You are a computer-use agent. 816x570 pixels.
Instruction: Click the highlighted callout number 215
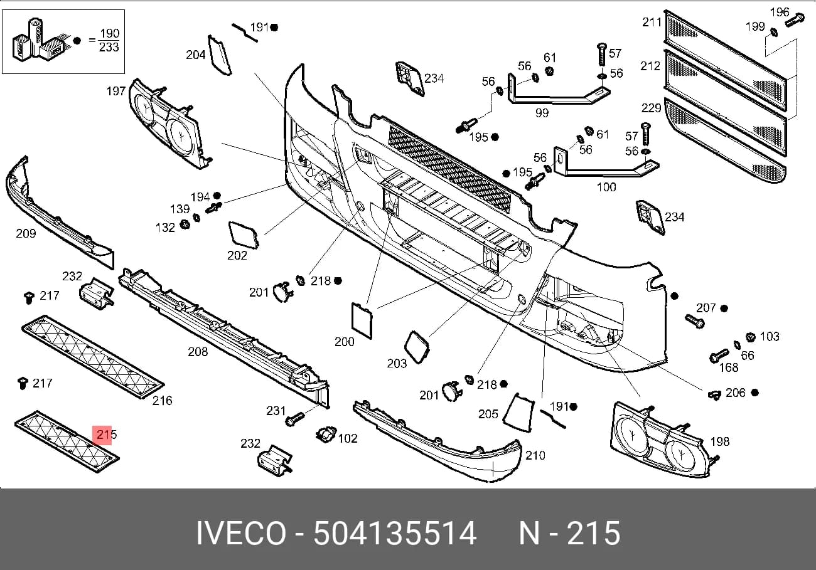pos(106,434)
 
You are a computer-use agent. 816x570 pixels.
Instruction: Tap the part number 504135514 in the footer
pos(395,533)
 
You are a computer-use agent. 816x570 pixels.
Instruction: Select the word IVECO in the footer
pos(241,533)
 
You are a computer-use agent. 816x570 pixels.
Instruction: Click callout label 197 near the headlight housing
pos(116,91)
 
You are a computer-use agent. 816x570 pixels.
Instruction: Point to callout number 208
pos(198,352)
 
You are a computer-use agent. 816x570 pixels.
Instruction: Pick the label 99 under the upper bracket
pos(542,113)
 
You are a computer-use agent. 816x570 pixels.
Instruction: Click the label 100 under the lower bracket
pos(606,187)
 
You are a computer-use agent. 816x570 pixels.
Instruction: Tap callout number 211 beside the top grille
pos(652,23)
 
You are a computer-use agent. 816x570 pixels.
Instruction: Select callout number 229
pos(651,108)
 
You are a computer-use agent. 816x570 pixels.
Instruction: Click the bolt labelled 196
pos(794,21)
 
